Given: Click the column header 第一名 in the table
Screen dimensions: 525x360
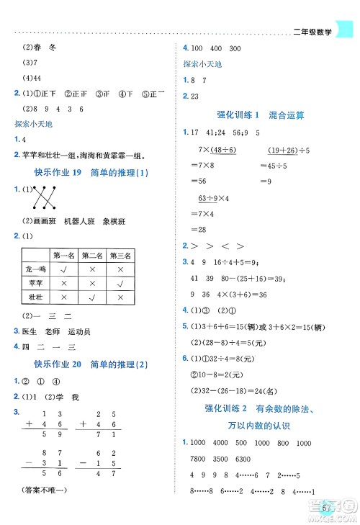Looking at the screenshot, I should (x=62, y=255).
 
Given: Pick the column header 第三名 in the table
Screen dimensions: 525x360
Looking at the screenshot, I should (x=120, y=255).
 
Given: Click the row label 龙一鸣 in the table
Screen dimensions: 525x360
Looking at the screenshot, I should (x=35, y=269).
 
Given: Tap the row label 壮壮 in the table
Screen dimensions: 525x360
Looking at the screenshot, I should (x=35, y=296).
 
